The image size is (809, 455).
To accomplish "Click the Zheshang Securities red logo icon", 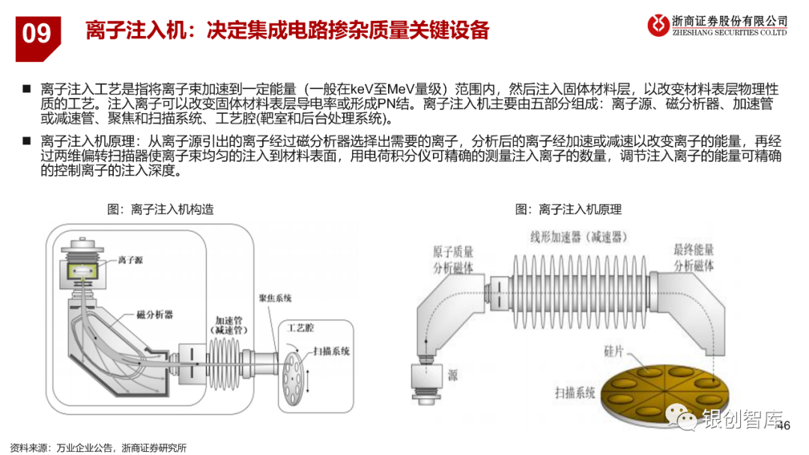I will pyautogui.click(x=659, y=25).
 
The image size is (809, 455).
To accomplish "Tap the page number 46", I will pyautogui.click(x=784, y=426).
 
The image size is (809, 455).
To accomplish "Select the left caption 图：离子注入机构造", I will pyautogui.click(x=160, y=210).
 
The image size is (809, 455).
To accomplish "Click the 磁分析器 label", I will pyautogui.click(x=155, y=315).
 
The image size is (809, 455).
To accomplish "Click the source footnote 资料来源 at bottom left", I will pyautogui.click(x=97, y=448).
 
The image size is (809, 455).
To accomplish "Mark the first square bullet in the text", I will pyautogui.click(x=26, y=88).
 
